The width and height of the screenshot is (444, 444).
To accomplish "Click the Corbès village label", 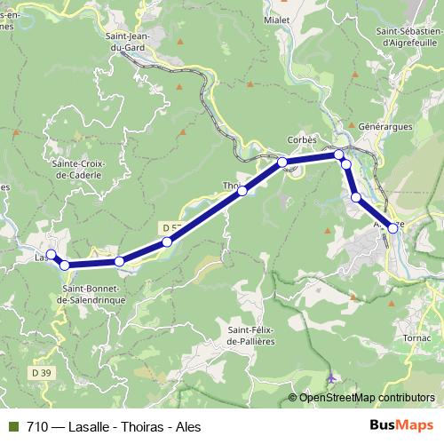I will tap(302, 140).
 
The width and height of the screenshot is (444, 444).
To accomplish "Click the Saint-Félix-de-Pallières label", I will tap(251, 337).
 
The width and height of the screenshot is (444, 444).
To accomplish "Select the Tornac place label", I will tap(416, 338).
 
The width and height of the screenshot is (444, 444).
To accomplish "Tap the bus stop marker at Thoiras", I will tap(242, 190).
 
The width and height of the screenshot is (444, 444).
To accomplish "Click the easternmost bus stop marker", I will tap(392, 228).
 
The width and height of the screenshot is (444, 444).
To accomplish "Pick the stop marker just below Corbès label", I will tap(281, 162).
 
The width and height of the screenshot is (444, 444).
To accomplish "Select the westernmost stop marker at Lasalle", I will tap(51, 255).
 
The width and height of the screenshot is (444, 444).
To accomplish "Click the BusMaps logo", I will tap(402, 426).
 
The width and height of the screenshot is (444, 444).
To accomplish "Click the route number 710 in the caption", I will tap(36, 426).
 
